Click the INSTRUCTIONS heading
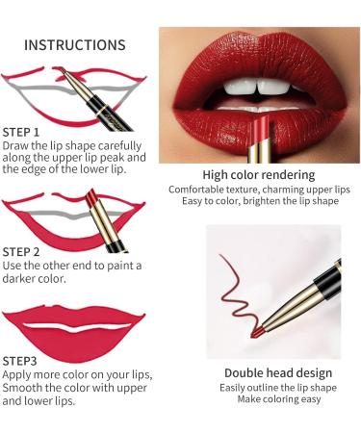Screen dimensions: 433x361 [74, 45]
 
